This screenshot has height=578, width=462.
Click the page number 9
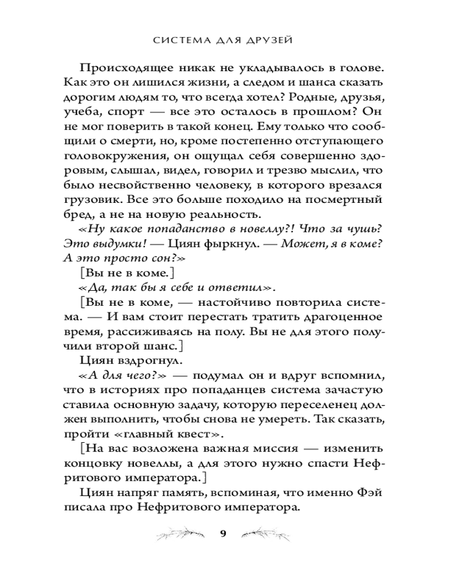point(223,532)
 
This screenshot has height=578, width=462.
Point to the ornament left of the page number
point(181,532)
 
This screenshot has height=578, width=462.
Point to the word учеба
point(87,111)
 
